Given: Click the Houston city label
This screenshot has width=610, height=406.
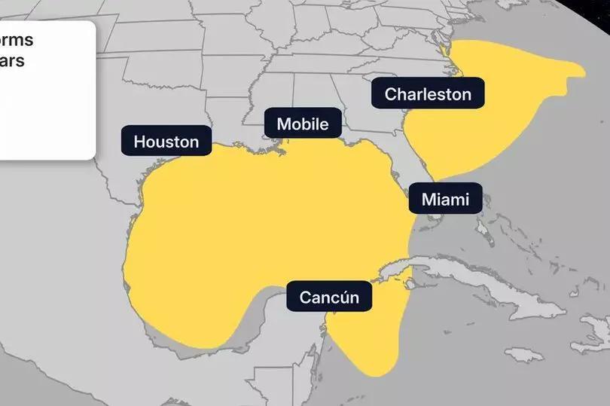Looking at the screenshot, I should [166, 141].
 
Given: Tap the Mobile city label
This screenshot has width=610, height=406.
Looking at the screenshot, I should [303, 124].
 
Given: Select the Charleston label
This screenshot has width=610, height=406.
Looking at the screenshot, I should [428, 94].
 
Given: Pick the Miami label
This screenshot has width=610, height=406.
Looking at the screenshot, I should [445, 200].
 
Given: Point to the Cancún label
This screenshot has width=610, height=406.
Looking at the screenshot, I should [329, 297].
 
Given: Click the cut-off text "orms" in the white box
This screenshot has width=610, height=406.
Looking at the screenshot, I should [17, 41].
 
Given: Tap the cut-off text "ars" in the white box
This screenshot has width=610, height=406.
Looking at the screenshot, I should [13, 60].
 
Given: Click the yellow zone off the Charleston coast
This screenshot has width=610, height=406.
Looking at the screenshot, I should [482, 113].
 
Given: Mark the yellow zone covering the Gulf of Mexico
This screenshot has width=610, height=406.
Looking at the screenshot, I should [264, 226].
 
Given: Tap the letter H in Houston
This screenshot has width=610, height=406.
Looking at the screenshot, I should [139, 141].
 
